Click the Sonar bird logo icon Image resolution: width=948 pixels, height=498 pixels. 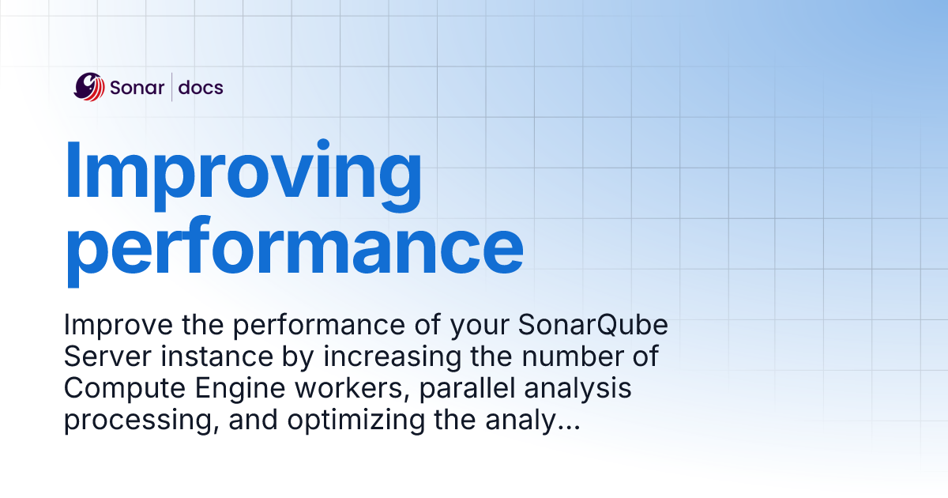[89, 87]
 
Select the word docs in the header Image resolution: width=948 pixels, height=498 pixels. [201, 88]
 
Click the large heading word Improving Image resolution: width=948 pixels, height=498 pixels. [243, 172]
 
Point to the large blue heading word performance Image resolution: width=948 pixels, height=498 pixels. [293, 247]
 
